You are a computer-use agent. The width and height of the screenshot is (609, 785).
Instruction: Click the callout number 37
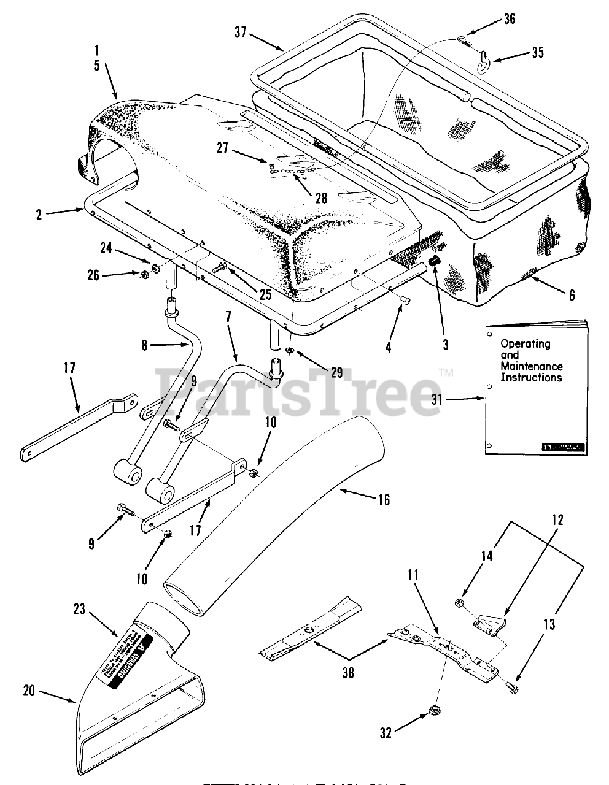click(240, 32)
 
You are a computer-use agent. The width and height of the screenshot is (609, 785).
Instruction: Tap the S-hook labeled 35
click(484, 60)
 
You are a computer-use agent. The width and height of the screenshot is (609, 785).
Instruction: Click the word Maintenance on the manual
click(531, 366)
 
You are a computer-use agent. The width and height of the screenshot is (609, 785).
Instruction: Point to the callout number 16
click(384, 500)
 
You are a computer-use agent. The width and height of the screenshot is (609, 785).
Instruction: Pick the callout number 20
click(29, 691)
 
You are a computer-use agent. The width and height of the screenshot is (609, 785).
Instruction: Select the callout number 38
click(347, 673)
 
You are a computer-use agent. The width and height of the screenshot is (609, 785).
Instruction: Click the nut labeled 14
click(460, 603)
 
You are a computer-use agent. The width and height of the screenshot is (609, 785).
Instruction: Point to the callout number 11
click(413, 576)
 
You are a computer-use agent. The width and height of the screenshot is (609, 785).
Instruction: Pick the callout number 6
click(572, 295)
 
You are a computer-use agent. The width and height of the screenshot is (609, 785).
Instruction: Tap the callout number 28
click(321, 198)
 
